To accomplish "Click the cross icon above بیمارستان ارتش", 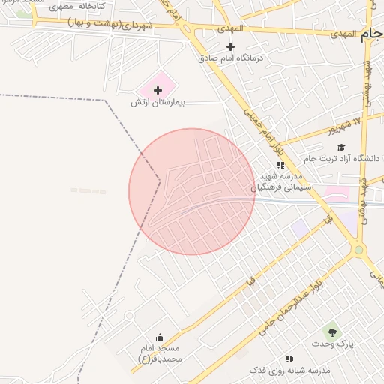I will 157,90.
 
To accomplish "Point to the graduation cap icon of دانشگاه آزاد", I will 342,148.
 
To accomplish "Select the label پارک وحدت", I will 334,343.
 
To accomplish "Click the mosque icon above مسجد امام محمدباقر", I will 160,337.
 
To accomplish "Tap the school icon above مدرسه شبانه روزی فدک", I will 289,358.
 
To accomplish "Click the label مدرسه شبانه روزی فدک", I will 289,370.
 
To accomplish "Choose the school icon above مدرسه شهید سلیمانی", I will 280,165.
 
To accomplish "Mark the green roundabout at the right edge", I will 359,250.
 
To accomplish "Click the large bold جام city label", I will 370,34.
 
